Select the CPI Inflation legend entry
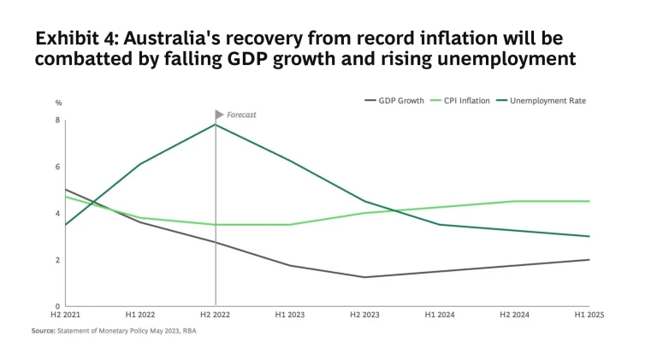click(466, 101)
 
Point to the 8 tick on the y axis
click(57, 121)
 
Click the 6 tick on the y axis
click(57, 168)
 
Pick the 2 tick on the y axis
click(57, 260)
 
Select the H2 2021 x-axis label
click(65, 315)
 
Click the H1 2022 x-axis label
click(140, 315)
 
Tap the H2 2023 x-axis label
click(365, 315)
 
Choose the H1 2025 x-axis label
click(589, 315)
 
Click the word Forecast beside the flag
click(241, 115)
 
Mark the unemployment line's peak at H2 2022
click(215, 125)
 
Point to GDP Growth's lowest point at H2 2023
click(365, 277)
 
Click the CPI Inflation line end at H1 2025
click(589, 201)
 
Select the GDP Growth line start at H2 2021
click(66, 190)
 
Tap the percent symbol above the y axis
click(59, 103)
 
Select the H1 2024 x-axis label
click(440, 315)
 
